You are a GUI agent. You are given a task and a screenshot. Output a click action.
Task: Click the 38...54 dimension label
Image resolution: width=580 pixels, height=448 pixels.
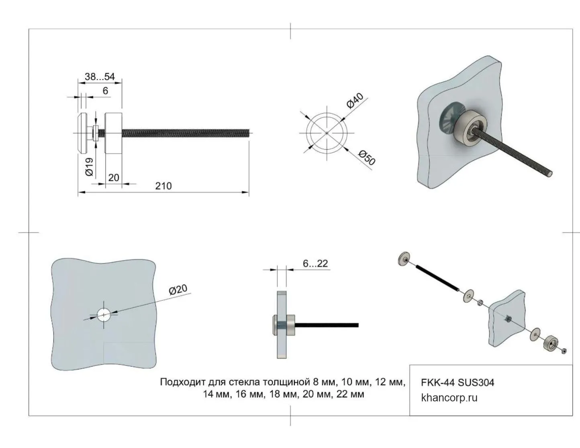(100, 77)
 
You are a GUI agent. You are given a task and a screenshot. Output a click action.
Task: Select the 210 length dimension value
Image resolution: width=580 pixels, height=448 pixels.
(163, 186)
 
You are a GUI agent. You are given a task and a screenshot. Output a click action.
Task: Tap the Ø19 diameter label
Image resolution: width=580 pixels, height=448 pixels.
(90, 167)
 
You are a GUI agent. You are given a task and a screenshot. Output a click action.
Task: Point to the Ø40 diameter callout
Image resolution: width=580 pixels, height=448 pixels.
(355, 101)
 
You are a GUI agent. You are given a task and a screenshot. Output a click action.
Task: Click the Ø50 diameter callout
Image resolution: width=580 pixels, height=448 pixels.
(367, 158)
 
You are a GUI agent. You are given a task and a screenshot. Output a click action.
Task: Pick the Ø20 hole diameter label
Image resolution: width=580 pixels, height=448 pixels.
(178, 290)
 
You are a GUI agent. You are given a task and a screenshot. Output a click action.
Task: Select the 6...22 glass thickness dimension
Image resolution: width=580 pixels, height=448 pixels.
(315, 264)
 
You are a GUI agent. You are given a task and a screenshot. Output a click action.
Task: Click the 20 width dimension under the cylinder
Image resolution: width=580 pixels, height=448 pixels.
(114, 178)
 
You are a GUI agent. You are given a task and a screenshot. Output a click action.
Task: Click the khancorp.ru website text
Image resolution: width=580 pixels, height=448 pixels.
(449, 398)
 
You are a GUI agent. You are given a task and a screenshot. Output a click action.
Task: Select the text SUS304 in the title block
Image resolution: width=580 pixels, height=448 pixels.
(476, 383)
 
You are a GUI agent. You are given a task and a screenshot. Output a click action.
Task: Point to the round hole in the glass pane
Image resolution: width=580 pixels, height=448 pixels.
(104, 315)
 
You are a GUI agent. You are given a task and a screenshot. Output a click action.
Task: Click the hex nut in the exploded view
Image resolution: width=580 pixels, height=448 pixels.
(564, 351)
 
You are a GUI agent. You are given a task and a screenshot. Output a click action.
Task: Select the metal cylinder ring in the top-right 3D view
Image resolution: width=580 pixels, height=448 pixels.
(470, 128)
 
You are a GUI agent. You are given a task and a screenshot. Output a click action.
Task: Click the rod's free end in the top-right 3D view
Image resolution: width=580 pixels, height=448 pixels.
(549, 174)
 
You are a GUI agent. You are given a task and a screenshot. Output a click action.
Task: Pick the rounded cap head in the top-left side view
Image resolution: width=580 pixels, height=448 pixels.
(82, 133)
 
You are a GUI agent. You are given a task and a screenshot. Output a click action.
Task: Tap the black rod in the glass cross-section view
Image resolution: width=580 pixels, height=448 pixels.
(327, 325)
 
